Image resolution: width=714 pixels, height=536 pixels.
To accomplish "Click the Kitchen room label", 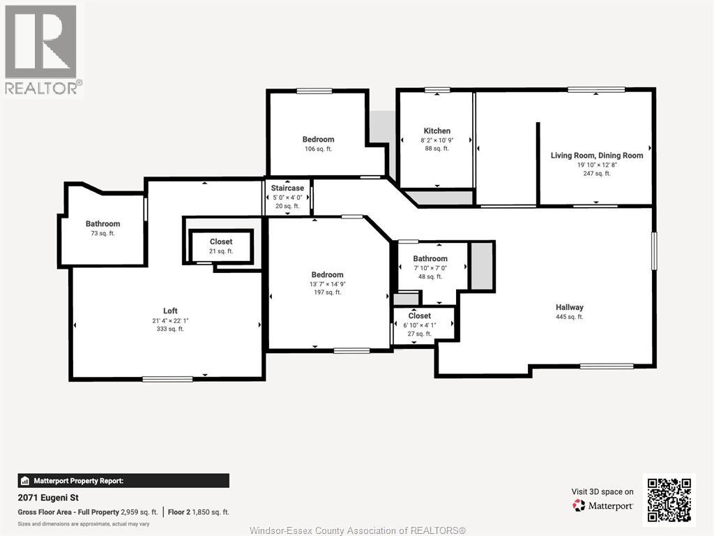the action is (x=436, y=131).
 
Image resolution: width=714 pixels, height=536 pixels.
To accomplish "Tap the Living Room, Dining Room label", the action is (x=597, y=156).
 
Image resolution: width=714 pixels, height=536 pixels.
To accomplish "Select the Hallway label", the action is (x=569, y=307).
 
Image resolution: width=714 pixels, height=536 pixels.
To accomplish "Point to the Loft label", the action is (x=170, y=311).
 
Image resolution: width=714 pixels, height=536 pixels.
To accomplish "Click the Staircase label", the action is (x=287, y=188).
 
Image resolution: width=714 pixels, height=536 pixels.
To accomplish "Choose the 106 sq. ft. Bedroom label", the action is (x=318, y=140).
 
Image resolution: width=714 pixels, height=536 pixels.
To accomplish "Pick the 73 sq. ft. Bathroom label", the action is (x=103, y=224).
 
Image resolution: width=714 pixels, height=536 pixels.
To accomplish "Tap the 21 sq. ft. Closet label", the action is (x=221, y=241).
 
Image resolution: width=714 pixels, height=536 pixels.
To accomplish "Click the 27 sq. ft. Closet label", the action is (x=419, y=316).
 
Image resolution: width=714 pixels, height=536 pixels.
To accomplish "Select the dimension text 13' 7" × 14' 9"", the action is (x=328, y=284).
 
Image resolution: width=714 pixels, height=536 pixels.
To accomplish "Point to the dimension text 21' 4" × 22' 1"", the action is (x=170, y=320).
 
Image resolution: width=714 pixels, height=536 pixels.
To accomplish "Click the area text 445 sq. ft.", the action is (x=569, y=317).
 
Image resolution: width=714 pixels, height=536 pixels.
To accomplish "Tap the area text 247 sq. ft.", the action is (x=597, y=174).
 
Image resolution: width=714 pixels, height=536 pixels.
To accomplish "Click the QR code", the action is (x=669, y=500).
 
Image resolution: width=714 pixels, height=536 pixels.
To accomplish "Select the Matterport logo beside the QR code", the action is (x=602, y=505).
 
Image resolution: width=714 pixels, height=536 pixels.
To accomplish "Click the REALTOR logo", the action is (x=42, y=50).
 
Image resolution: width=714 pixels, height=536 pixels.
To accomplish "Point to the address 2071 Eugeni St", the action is (x=48, y=498).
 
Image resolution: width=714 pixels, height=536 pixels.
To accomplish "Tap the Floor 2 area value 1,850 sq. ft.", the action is (x=211, y=512).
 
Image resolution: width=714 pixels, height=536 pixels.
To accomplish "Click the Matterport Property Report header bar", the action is (x=123, y=481).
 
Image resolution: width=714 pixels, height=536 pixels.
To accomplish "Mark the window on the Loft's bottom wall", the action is (x=167, y=379).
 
